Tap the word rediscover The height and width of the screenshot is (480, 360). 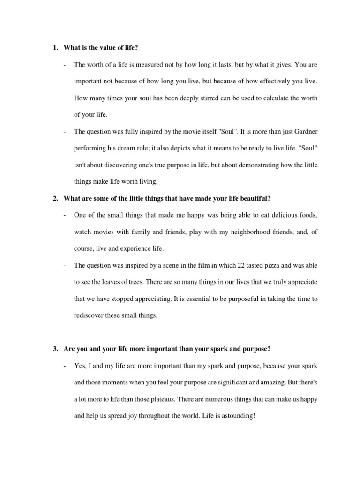click(90, 315)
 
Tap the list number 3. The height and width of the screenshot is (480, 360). click(55, 349)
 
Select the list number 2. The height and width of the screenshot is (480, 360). click(55, 199)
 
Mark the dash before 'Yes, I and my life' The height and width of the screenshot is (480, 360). click(65, 365)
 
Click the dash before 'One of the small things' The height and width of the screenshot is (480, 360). click(65, 215)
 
